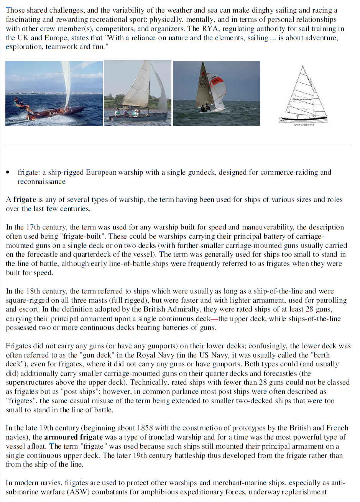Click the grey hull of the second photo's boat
tap(138, 117)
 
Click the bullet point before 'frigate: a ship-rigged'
tap(8, 173)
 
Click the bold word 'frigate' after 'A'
tap(25, 200)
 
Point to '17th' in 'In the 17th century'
tap(33, 227)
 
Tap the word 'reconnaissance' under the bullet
tap(41, 182)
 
